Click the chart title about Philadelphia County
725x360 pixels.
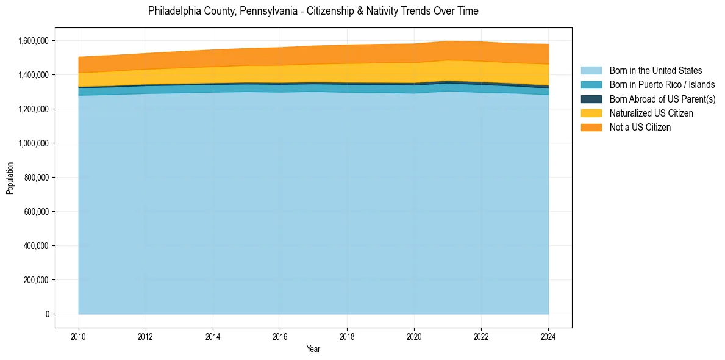(x=313, y=11)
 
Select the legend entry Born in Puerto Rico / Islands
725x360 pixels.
(x=662, y=85)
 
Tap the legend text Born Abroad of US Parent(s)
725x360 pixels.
(x=662, y=99)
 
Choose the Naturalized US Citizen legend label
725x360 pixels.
(x=651, y=113)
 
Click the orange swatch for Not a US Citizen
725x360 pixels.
(x=591, y=128)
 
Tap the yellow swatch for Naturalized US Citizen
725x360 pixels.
(x=591, y=113)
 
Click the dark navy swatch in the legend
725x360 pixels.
(x=591, y=99)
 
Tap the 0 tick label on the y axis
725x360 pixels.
(x=47, y=314)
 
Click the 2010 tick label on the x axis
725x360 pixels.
(x=79, y=336)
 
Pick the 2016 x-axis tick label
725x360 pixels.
(x=280, y=336)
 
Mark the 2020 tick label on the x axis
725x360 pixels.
(x=414, y=336)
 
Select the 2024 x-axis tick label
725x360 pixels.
(x=549, y=336)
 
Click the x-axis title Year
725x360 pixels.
(x=313, y=350)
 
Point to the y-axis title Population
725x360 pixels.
(x=10, y=178)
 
